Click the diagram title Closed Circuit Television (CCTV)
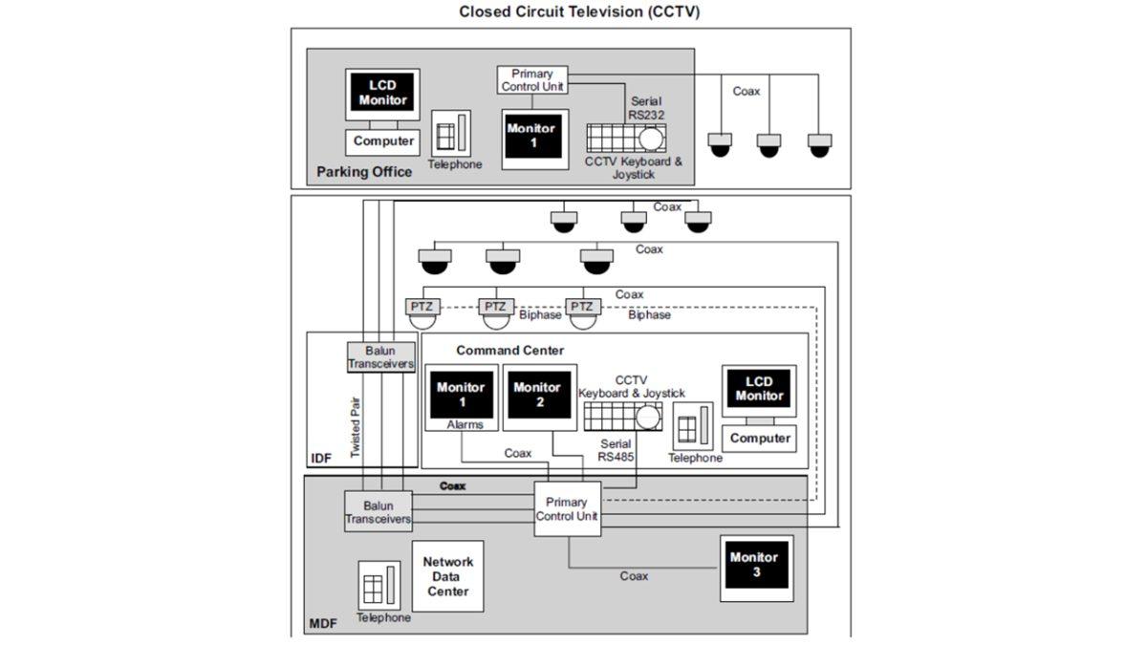click(579, 12)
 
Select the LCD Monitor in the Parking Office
click(382, 94)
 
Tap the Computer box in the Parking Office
click(383, 141)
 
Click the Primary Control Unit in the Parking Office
click(532, 80)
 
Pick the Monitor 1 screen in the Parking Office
click(531, 136)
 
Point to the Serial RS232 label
click(645, 108)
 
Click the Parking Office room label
click(364, 173)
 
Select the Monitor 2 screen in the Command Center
click(536, 394)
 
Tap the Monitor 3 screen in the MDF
click(755, 564)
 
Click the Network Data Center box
click(447, 577)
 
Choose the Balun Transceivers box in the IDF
click(381, 356)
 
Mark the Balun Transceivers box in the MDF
click(379, 512)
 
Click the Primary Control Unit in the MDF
click(567, 509)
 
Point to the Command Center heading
click(509, 351)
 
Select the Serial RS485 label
click(614, 450)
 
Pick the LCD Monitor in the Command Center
click(760, 389)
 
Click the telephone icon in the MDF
click(379, 585)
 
